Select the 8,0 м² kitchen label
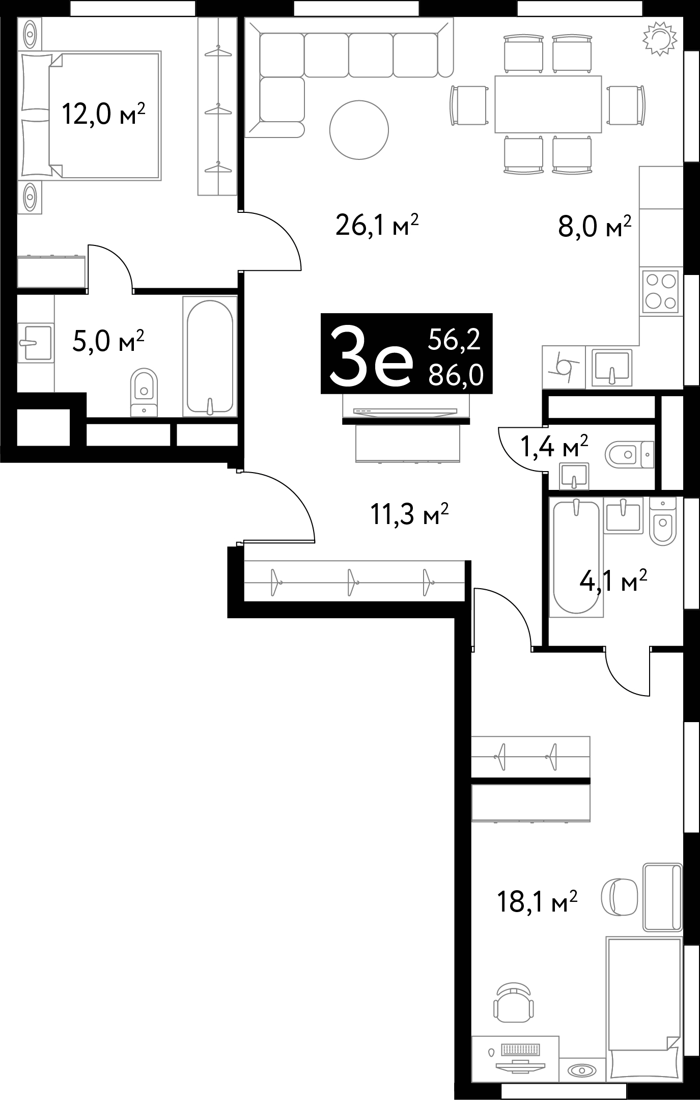pos(595,227)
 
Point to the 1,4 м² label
pos(554,447)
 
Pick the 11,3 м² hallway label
pos(409,514)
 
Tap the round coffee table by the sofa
pos(359,130)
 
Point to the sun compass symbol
pos(660,39)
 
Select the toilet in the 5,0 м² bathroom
pos(144,392)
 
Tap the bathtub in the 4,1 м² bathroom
pos(576,557)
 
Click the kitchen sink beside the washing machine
pos(611,366)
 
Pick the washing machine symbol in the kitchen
pos(564,366)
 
